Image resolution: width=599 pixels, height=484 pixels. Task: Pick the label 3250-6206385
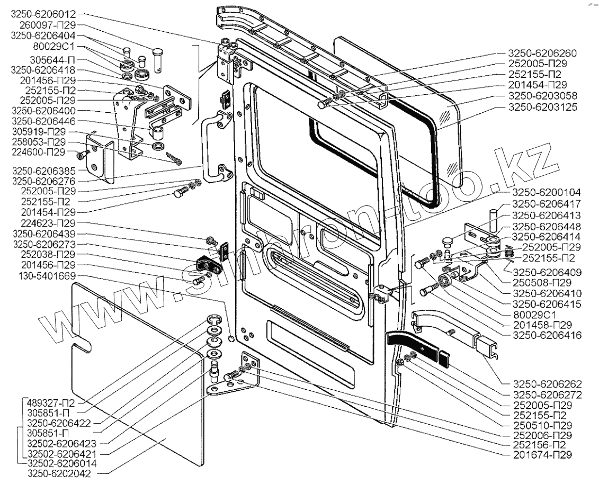[45, 171]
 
